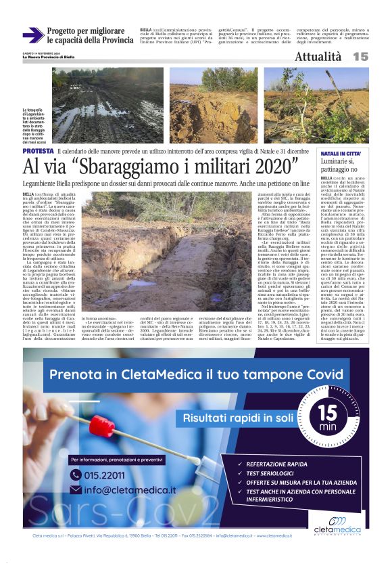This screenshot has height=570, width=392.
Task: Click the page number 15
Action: (360, 57)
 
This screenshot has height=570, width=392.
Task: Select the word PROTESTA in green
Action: (39, 152)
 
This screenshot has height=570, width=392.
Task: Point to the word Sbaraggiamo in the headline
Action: (143, 166)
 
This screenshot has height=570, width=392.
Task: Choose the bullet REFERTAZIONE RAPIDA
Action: (279, 464)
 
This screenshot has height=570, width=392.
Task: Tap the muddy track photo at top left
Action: (108, 105)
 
